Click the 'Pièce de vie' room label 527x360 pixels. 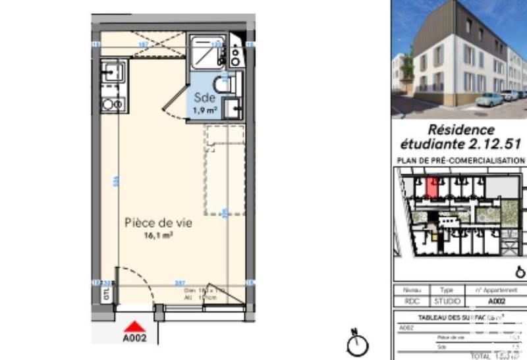pyautogui.click(x=158, y=223)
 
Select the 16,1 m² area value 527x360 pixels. pyautogui.click(x=158, y=235)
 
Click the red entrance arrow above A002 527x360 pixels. pyautogui.click(x=135, y=326)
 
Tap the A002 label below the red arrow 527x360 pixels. pyautogui.click(x=135, y=340)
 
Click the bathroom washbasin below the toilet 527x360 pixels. pyautogui.click(x=232, y=108)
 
